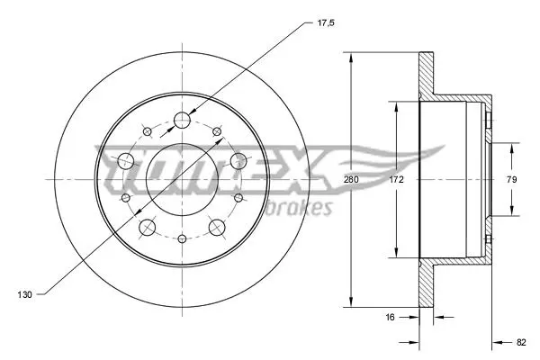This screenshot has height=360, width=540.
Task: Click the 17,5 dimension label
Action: tap(326, 23)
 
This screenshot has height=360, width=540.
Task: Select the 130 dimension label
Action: tap(24, 294)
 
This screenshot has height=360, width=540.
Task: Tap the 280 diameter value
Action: tap(351, 179)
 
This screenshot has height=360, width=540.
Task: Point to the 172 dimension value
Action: tap(396, 179)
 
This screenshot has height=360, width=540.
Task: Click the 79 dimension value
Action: tap(512, 179)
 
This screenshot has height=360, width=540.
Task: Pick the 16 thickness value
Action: tap(390, 317)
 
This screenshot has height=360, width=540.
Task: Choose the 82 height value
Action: tap(521, 342)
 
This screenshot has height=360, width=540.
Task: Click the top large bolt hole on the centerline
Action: tap(182, 121)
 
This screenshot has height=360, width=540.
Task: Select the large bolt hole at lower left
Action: tap(147, 227)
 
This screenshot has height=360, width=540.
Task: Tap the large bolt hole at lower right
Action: tap(217, 228)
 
